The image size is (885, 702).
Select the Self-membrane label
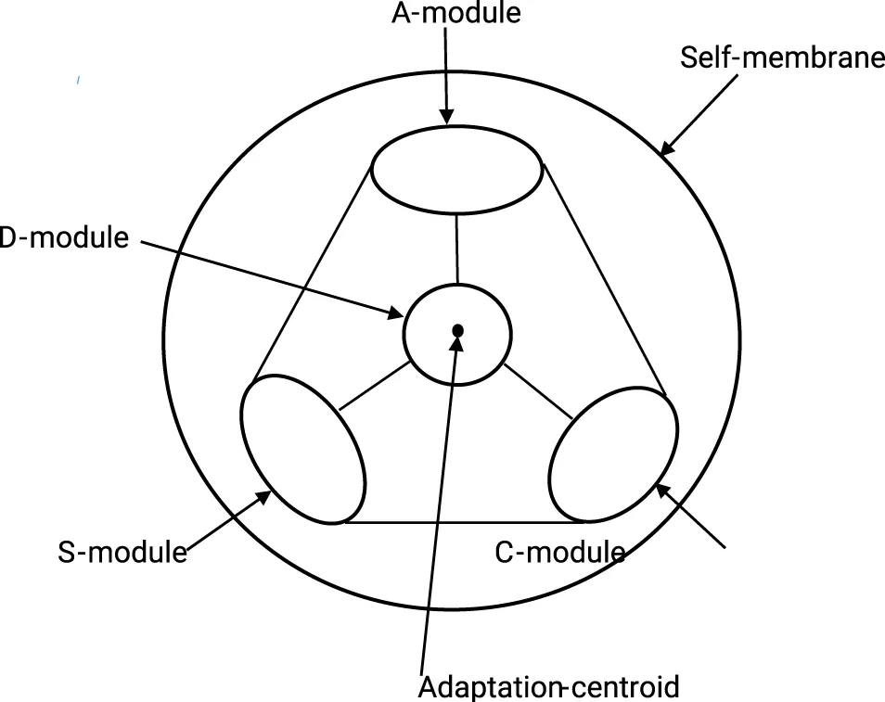(782, 58)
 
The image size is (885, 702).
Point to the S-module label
(122, 553)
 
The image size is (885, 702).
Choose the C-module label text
(559, 553)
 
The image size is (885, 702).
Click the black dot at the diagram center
(457, 330)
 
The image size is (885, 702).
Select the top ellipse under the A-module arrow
(457, 171)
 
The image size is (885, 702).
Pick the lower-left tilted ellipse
(303, 449)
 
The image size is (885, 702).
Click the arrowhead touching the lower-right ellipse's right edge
(661, 490)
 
